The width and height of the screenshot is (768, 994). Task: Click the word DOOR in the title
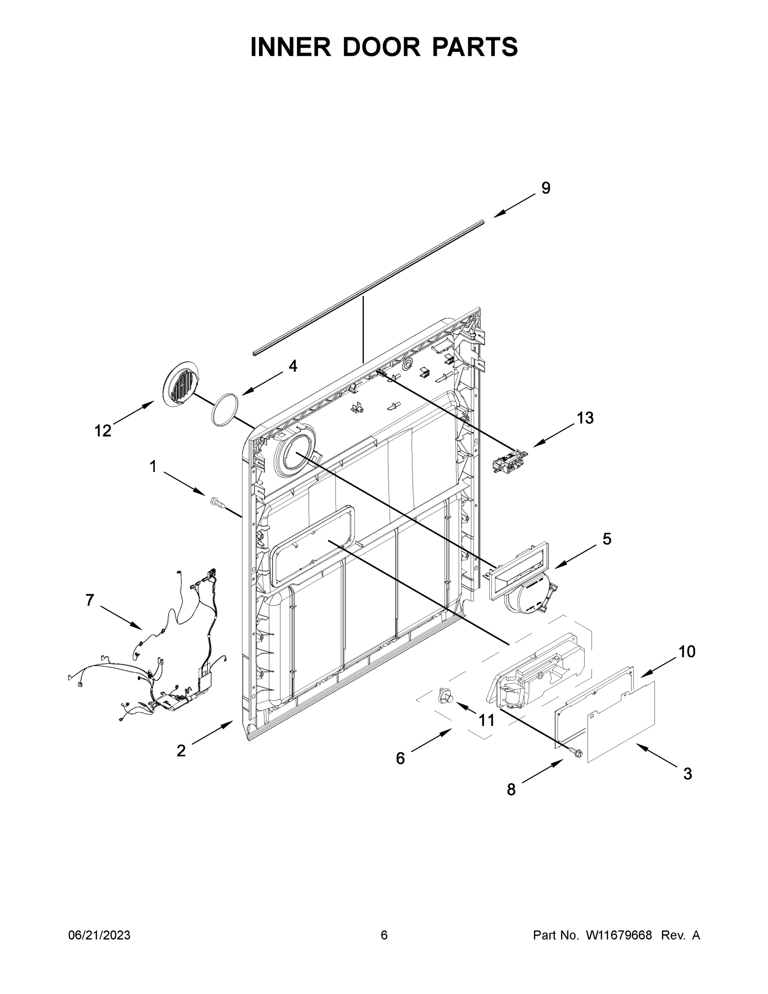point(381,47)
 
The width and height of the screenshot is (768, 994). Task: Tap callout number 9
point(546,188)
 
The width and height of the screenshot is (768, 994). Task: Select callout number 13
point(585,418)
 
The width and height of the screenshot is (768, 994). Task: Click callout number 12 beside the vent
point(103,431)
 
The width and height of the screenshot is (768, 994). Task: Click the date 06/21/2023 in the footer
point(99,935)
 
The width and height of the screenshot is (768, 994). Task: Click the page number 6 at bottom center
point(384,935)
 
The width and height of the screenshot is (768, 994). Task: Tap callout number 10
point(686,652)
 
